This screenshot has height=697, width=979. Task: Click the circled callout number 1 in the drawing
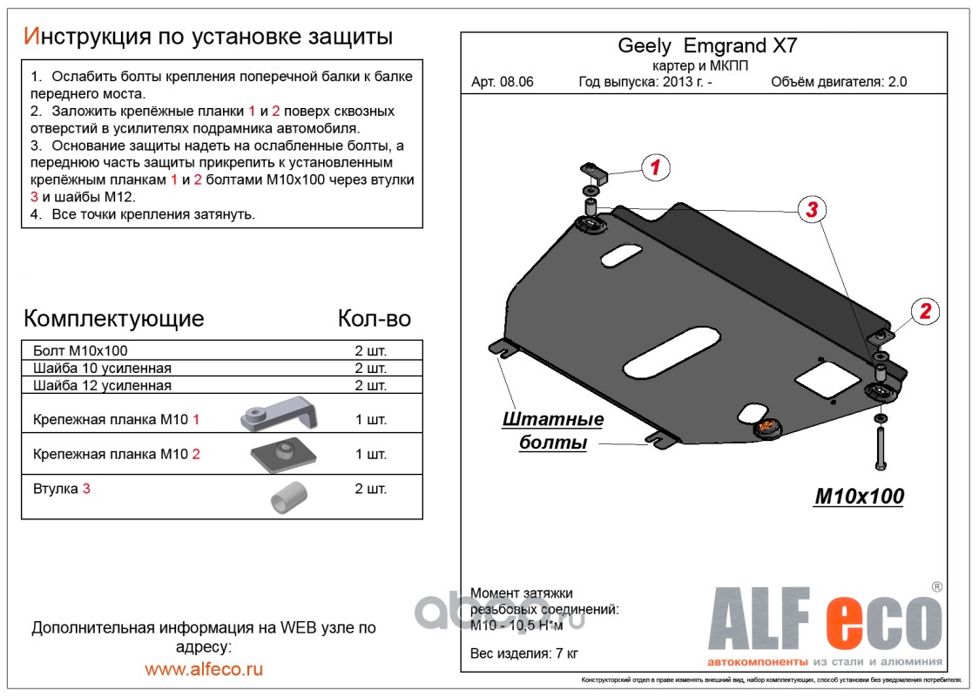(655, 167)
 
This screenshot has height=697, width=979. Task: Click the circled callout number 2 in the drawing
(925, 311)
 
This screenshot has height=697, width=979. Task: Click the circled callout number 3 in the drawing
(811, 209)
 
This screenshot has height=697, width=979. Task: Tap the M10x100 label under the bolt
(859, 497)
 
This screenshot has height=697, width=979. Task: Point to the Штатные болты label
(553, 431)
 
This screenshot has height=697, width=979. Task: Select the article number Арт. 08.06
(503, 83)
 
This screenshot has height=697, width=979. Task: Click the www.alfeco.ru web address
(204, 669)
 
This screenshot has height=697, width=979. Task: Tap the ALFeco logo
(823, 621)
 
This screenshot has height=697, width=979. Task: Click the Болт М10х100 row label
(80, 350)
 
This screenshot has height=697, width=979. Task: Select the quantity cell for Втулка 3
(370, 489)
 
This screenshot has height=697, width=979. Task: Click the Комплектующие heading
(114, 317)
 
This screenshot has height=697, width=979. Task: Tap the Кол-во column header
(374, 318)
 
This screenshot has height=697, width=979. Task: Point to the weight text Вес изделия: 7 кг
(524, 653)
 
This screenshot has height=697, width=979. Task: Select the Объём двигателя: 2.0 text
(839, 83)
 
